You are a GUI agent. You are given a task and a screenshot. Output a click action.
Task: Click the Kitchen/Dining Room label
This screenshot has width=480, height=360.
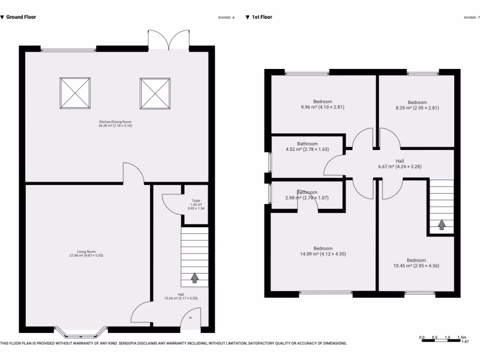115,124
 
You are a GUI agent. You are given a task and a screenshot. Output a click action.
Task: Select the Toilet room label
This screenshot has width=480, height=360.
196,204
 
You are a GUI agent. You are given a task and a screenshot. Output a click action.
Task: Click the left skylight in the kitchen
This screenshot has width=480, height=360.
75,93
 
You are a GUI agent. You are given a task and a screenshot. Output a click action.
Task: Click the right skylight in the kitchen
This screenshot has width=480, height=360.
155,93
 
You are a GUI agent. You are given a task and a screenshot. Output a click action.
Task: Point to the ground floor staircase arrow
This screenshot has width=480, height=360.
195,278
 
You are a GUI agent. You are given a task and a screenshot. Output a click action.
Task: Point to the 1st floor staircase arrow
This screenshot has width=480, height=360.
442,225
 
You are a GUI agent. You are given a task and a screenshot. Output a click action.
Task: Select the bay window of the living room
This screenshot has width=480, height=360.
79,332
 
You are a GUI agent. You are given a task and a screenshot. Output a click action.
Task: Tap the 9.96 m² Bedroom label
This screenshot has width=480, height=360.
322,105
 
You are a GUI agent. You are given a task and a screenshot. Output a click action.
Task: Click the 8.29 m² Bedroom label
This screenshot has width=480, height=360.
417,105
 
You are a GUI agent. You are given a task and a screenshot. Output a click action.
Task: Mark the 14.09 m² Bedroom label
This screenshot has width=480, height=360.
323,251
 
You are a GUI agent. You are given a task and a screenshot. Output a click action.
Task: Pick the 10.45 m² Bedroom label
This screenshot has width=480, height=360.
416,263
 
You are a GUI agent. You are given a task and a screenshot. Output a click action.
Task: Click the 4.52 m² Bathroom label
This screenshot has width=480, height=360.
307,147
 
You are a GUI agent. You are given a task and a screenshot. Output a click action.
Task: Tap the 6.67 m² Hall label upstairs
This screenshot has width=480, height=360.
399,164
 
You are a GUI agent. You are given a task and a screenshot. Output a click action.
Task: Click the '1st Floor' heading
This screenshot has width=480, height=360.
262,17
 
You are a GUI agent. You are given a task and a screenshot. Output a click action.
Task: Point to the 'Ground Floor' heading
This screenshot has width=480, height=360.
21,17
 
